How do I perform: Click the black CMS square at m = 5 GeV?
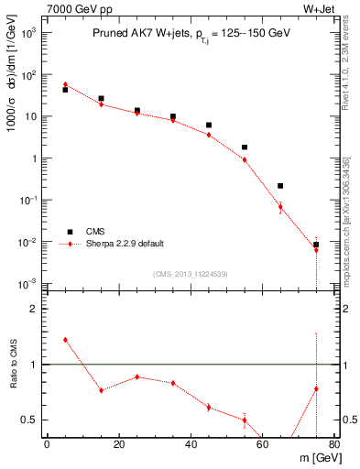click(x=65, y=90)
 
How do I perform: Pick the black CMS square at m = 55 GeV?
click(x=245, y=147)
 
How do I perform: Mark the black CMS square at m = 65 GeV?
click(x=280, y=186)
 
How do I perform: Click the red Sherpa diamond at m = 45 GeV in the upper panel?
click(x=209, y=135)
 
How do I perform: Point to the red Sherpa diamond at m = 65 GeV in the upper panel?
click(x=280, y=206)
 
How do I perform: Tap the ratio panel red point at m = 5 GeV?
click(x=65, y=340)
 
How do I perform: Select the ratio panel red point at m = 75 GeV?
click(x=316, y=388)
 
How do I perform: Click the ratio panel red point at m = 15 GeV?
click(x=101, y=390)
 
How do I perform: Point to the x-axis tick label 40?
click(x=191, y=446)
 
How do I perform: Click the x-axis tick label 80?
click(x=334, y=446)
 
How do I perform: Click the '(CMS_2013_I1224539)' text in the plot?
click(x=191, y=274)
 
